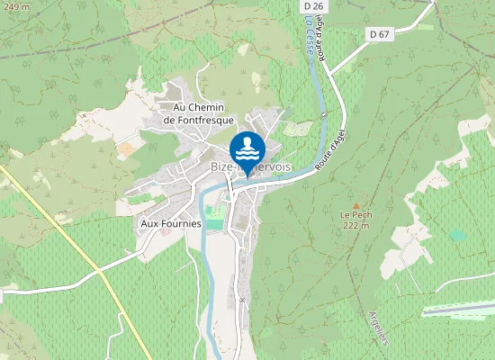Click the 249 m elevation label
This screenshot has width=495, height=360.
(x=15, y=6)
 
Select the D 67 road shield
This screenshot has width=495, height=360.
(x=380, y=34)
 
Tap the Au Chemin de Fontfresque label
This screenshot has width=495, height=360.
(x=197, y=113)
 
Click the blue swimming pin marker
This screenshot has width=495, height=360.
(x=247, y=149)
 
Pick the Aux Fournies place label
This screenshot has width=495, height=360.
(x=171, y=223)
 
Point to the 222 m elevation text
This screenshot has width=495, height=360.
(x=355, y=226)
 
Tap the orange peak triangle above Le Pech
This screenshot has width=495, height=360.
(x=355, y=204)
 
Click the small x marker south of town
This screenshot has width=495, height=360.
(x=241, y=298)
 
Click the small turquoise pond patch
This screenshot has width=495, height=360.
(x=458, y=235)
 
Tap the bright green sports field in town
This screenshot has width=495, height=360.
(x=213, y=216)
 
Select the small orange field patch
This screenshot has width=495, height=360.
(x=127, y=147)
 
